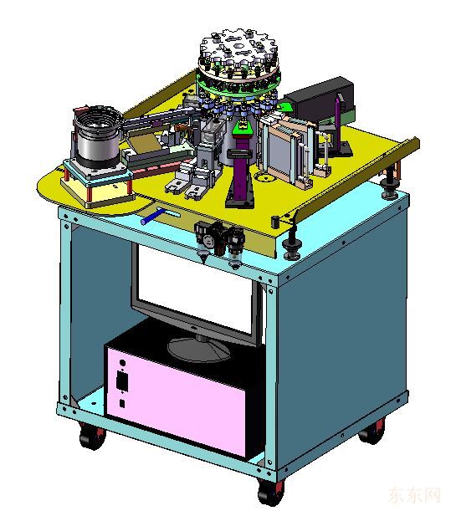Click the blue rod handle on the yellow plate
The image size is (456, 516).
(x=153, y=217)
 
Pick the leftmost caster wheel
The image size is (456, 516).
(x=93, y=437)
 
